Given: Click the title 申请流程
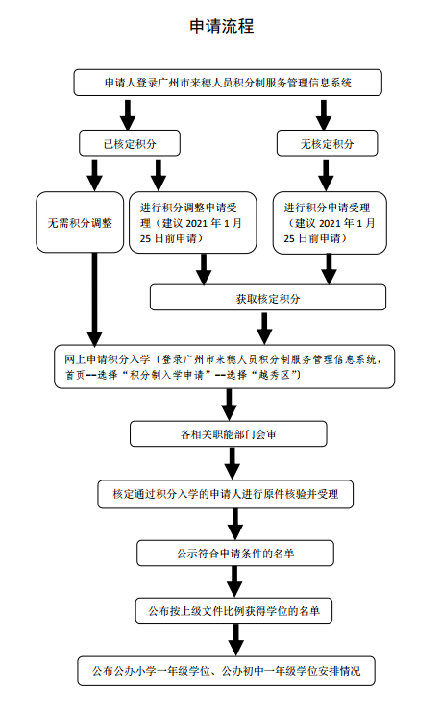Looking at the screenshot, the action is (x=222, y=26).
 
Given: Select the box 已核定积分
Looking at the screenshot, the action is (x=130, y=143).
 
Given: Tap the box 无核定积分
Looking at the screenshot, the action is (x=328, y=143).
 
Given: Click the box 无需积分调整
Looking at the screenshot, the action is (x=80, y=222).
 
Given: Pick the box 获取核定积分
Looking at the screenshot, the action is (x=268, y=298).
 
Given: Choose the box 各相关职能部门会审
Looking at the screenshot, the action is (x=229, y=433).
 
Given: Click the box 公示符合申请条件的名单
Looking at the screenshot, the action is (x=235, y=554).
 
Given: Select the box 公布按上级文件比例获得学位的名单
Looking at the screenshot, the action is (x=233, y=610).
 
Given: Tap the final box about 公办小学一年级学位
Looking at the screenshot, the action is (x=226, y=671).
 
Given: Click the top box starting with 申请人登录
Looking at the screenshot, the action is (x=228, y=83).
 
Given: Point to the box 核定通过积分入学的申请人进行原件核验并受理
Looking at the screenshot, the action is (x=226, y=494).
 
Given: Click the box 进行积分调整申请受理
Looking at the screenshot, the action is (x=193, y=223).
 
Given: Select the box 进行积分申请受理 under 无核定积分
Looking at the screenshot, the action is (x=330, y=223).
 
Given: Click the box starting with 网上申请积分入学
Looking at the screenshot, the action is (x=225, y=366).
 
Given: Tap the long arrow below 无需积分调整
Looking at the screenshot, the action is (x=95, y=299).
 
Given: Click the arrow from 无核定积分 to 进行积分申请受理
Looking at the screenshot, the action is (x=326, y=174).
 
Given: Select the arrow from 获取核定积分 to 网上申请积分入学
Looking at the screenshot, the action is (x=264, y=329).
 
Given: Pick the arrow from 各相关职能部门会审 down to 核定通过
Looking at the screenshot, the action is (x=233, y=463).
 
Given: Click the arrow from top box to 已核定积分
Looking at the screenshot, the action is (x=128, y=114).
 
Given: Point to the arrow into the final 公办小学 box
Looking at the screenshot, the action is (x=235, y=640).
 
